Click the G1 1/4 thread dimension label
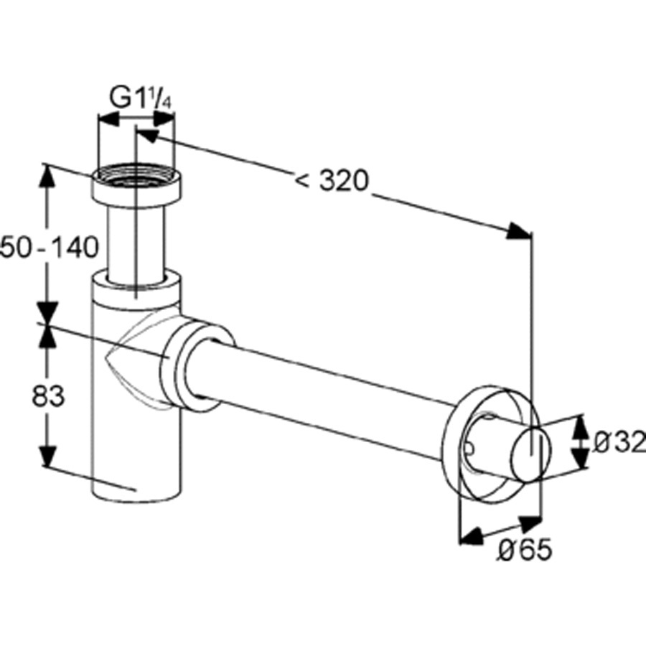141,98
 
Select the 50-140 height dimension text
50,247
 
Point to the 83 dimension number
48,395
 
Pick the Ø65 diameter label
524,549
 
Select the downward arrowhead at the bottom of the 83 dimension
48,454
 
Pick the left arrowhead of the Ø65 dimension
471,535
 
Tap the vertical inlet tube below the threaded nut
136,243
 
